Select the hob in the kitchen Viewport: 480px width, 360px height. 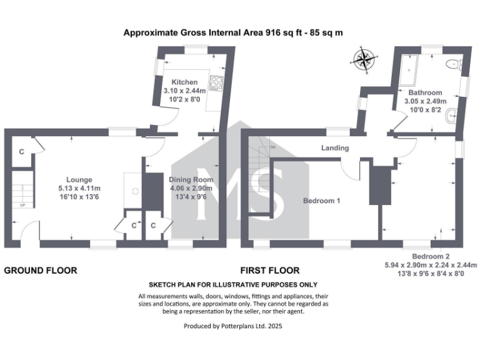tap(216, 82)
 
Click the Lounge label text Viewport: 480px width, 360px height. tap(80, 179)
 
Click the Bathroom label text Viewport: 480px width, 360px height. tap(425, 92)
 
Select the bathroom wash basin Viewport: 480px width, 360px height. tap(451, 116)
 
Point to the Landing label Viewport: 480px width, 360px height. tap(335, 148)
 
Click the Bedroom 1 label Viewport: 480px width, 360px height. tap(321, 201)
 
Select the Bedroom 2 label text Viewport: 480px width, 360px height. tap(431, 257)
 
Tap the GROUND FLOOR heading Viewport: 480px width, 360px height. tap(41, 271)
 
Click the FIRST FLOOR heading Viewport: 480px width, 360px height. tap(270, 271)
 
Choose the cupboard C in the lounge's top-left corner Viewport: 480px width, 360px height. tap(21, 152)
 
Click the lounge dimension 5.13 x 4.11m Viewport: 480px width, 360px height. tap(80, 188)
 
